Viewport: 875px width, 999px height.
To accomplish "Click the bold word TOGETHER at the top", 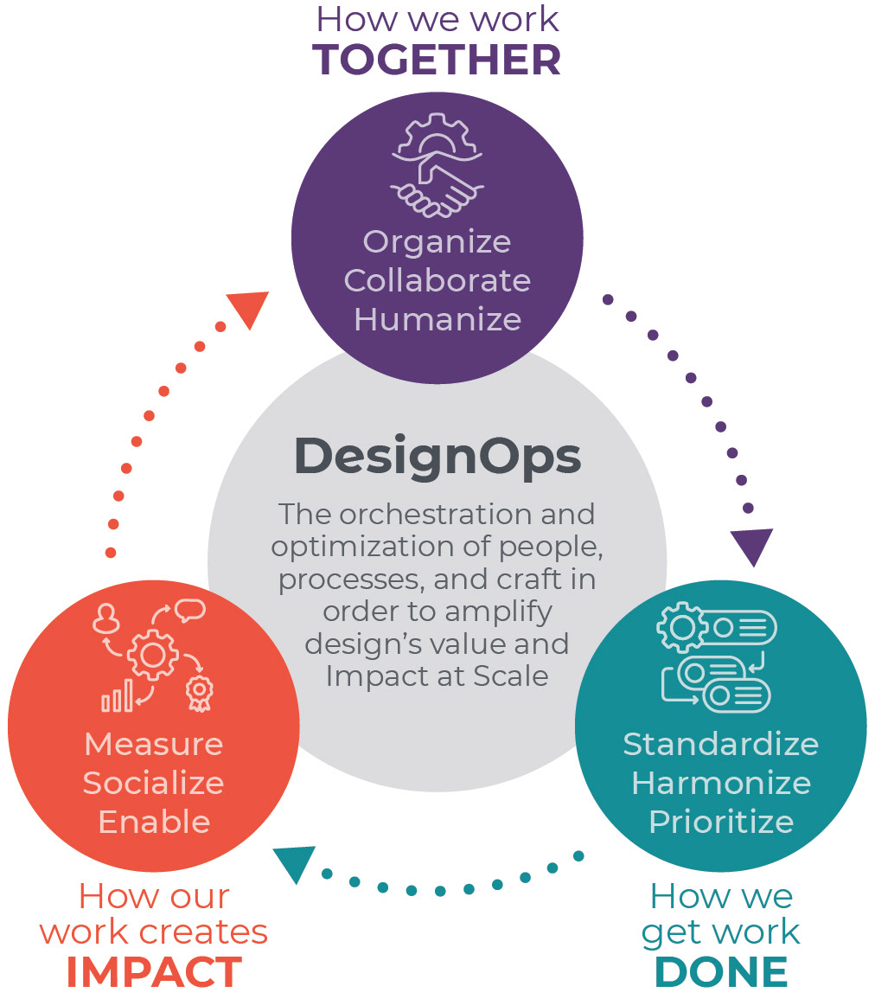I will point(437,60).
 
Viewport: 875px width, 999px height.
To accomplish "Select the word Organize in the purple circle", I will point(437,241).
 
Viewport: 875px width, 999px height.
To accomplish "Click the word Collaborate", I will point(437,280).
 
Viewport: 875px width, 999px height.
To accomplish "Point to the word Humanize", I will point(437,319).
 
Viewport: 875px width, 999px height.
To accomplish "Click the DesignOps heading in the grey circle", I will point(437,455).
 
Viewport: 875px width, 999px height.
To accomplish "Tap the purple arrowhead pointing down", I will point(751,546).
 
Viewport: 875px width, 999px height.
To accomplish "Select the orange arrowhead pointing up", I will point(249,309).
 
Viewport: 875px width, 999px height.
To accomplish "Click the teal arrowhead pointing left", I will point(293,864).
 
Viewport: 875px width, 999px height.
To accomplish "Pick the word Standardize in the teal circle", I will point(720,744).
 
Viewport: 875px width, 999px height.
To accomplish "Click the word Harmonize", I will point(720,783).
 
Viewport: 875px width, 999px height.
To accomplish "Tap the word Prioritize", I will point(720,822).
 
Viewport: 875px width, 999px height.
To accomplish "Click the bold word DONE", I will point(720,972).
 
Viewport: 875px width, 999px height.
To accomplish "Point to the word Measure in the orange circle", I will point(154,744).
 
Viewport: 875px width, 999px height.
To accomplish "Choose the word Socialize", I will point(154,783).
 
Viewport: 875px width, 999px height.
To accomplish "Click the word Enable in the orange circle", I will point(154,822).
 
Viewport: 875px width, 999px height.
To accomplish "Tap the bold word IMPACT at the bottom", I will point(154,972).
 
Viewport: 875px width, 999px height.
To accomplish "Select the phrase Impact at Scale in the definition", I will point(437,676).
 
